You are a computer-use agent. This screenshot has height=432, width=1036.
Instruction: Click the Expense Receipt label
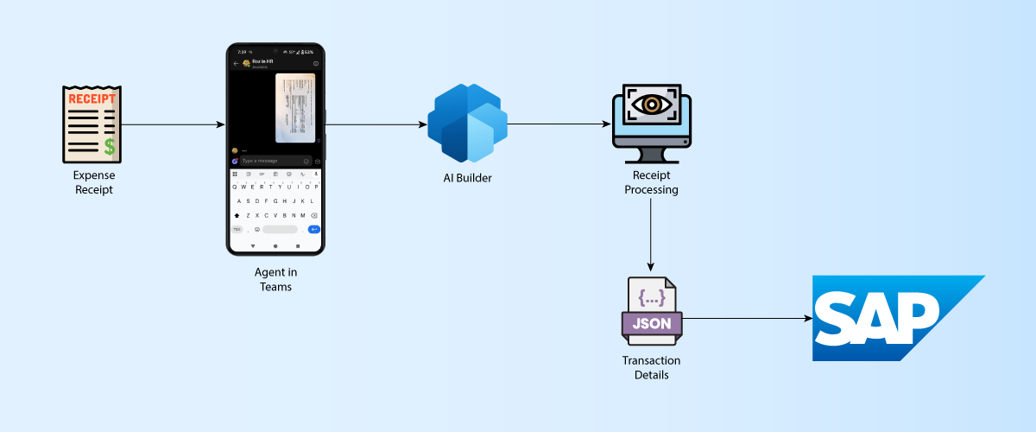92,182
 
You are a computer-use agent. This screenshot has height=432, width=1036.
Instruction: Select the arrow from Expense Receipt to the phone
173,125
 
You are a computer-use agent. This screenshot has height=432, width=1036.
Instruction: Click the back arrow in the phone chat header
236,63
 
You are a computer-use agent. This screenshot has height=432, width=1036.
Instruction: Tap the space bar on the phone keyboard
280,229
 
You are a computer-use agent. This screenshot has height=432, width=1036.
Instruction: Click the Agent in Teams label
275,280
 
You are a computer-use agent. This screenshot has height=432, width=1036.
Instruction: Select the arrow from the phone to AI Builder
376,125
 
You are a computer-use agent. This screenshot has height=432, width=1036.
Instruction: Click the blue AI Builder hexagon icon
466,124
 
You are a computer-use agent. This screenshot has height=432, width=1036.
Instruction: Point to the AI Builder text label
466,178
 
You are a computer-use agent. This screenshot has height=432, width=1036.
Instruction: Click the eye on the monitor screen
651,104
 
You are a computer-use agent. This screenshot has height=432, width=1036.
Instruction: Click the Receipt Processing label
651,182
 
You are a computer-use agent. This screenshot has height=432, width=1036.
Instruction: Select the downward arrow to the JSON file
651,233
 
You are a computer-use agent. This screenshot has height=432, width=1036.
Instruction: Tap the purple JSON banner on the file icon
652,324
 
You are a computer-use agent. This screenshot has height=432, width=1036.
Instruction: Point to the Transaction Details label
651,367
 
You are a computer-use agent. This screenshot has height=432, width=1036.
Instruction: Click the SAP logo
889,318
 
